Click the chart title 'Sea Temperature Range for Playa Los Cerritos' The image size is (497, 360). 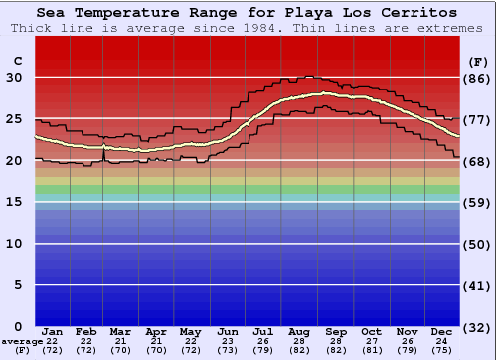[248, 13]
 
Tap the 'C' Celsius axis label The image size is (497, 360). [17, 61]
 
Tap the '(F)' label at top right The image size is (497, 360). [477, 61]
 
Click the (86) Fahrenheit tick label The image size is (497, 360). [477, 78]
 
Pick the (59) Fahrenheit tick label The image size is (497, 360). [477, 202]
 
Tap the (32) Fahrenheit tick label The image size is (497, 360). [477, 327]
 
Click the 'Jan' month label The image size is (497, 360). [53, 331]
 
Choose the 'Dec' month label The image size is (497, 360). [442, 331]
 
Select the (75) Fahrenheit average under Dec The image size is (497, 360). [442, 352]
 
